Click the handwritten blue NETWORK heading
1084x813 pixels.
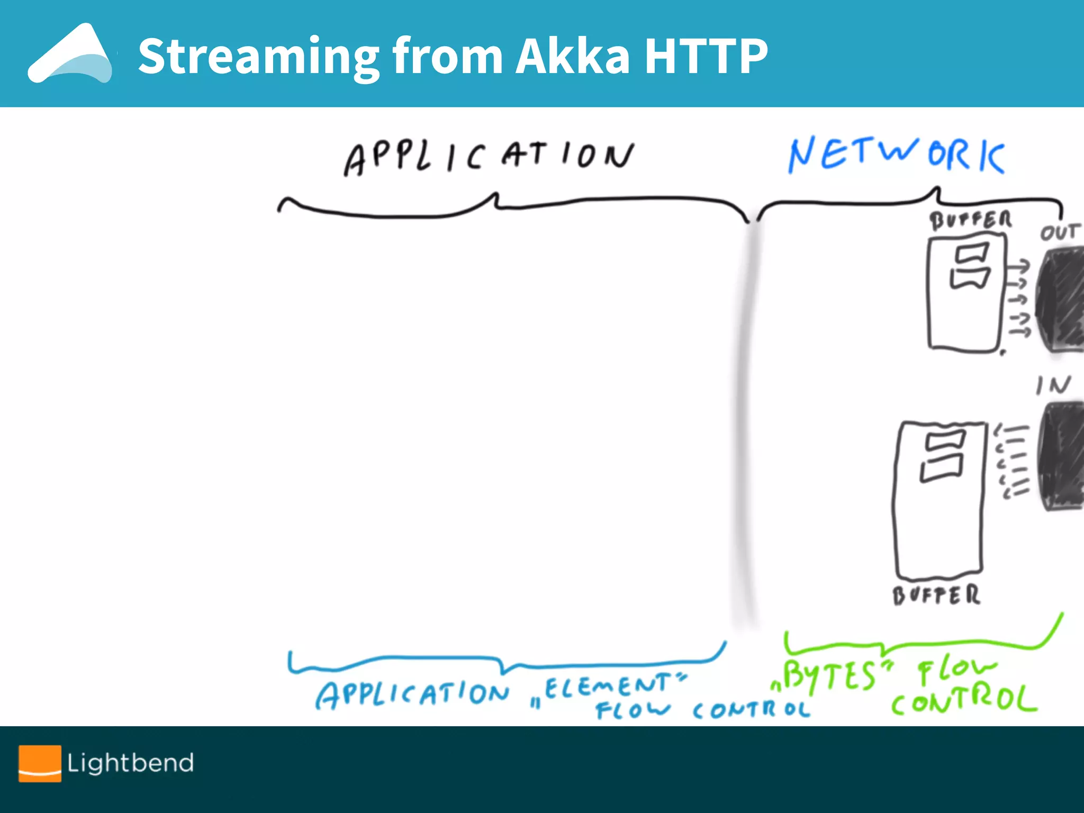pyautogui.click(x=896, y=155)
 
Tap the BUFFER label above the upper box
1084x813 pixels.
pyautogui.click(x=970, y=220)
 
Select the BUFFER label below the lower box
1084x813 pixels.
pyautogui.click(x=936, y=595)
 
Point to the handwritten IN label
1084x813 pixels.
pyautogui.click(x=1053, y=385)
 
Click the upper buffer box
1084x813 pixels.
pyautogui.click(x=965, y=294)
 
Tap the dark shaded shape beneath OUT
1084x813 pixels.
pyautogui.click(x=1061, y=299)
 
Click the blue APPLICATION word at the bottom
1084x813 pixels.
pyautogui.click(x=412, y=694)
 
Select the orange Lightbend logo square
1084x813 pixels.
pyautogui.click(x=40, y=763)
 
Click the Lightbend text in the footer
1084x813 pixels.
pyautogui.click(x=130, y=763)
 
